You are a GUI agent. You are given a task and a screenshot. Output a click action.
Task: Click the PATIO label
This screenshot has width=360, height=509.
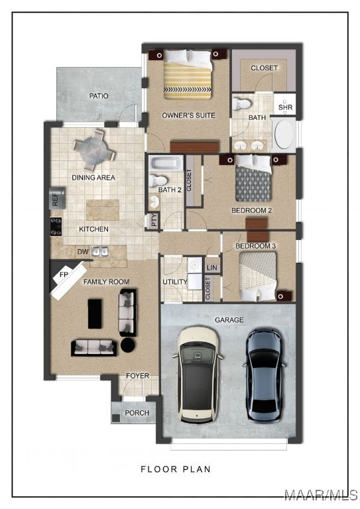pyautogui.click(x=99, y=96)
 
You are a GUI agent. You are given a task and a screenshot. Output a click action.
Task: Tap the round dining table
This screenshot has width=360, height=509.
pyautogui.click(x=94, y=150)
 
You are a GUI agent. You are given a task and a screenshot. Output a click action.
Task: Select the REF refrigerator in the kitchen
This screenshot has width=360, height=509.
pyautogui.click(x=57, y=198)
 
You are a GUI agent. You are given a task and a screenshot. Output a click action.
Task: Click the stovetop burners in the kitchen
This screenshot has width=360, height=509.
pyautogui.click(x=56, y=227)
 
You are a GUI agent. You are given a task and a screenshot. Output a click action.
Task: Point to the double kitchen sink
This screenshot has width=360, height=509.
pyautogui.click(x=99, y=251)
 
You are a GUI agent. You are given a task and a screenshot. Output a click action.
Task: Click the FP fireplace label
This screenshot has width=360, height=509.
pyautogui.click(x=64, y=274)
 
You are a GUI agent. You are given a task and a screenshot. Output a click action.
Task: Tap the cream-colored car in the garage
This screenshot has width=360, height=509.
pyautogui.click(x=198, y=374)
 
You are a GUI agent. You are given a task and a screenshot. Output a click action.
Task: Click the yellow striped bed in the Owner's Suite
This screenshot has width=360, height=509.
pyautogui.click(x=188, y=75)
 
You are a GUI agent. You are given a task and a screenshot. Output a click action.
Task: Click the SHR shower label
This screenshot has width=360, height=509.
pyautogui.click(x=285, y=107)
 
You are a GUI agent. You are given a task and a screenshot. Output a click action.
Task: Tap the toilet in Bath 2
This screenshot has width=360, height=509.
pyautogui.click(x=158, y=180)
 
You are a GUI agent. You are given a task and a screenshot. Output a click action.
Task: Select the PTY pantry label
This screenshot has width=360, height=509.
pyautogui.click(x=154, y=220)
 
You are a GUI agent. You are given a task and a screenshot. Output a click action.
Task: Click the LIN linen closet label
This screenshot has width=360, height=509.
pyautogui.click(x=211, y=268)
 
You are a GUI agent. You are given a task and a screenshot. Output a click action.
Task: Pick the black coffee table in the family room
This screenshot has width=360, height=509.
pyautogui.click(x=95, y=314)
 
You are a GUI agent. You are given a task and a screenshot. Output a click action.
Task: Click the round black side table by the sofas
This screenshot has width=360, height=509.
pyautogui.click(x=129, y=345)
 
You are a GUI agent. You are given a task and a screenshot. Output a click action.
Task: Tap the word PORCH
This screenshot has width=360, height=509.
pyautogui.click(x=137, y=413)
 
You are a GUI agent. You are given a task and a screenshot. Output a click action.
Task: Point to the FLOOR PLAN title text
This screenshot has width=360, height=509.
pyautogui.click(x=176, y=469)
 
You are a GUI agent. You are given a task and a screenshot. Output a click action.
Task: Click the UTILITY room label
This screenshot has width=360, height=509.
pyautogui.click(x=175, y=282)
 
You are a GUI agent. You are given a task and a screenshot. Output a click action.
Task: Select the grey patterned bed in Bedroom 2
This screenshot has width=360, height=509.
pyautogui.click(x=253, y=178)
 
